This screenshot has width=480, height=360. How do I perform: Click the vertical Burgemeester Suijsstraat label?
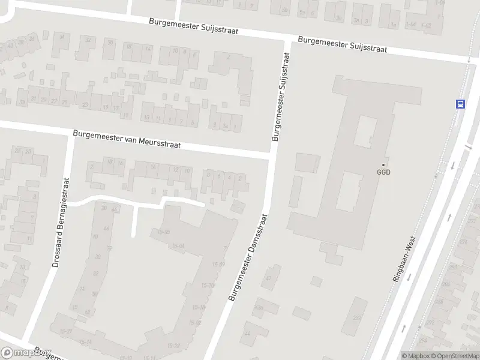pos(281,96)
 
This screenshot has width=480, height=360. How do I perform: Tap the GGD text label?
pos(383,172)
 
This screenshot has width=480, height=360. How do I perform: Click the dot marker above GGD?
pos(383,164)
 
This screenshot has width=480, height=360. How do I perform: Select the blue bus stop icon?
pos(460,104)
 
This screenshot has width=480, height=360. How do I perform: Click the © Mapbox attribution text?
pos(414,356)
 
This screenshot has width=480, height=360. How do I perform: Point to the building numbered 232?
pos(358,318)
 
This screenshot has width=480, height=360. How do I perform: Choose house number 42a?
pos(259,307)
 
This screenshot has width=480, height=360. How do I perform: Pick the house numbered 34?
pos(62,37)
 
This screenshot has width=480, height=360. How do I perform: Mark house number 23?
pos(85,105)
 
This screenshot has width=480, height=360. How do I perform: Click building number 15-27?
pos(62,331)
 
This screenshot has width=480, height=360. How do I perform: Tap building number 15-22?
pos(173,346)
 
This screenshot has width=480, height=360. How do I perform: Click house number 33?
pos(23,103)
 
